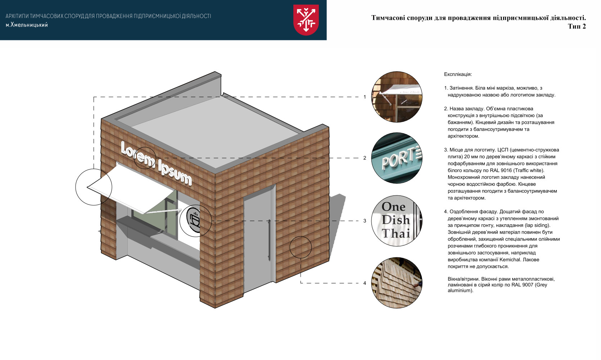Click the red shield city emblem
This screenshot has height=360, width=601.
click(x=306, y=19)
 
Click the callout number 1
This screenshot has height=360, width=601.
click(x=365, y=97)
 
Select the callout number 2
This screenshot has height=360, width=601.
click(x=365, y=158)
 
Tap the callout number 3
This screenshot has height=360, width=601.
click(x=365, y=221)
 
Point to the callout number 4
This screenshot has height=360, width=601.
click(x=365, y=283)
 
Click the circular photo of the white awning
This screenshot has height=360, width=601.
click(x=397, y=97)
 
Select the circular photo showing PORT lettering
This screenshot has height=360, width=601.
click(x=397, y=158)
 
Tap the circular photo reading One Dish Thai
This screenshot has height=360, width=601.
click(x=397, y=221)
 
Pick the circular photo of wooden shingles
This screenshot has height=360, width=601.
click(x=397, y=283)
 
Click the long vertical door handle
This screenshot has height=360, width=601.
click(x=269, y=240)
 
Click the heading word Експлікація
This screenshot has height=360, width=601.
click(x=458, y=75)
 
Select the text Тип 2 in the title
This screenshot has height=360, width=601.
click(x=577, y=26)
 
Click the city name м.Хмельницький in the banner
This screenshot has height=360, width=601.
click(x=27, y=25)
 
